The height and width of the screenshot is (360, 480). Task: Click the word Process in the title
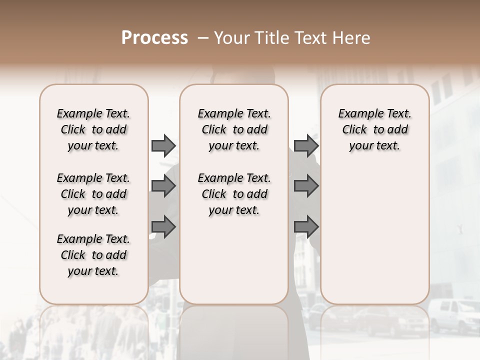pyautogui.click(x=154, y=38)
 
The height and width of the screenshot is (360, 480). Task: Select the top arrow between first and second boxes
pyautogui.click(x=163, y=145)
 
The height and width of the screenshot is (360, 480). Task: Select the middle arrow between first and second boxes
pyautogui.click(x=163, y=186)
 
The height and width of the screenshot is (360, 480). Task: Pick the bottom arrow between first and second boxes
pyautogui.click(x=163, y=227)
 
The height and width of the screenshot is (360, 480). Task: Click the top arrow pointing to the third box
pyautogui.click(x=306, y=145)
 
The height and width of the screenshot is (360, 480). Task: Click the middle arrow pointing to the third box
pyautogui.click(x=306, y=186)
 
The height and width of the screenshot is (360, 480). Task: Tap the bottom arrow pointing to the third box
pyautogui.click(x=306, y=227)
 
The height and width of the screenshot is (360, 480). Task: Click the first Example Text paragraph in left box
pyautogui.click(x=93, y=129)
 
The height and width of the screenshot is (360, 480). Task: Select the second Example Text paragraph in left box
pyautogui.click(x=93, y=194)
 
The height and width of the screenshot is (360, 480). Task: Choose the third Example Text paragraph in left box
pyautogui.click(x=93, y=255)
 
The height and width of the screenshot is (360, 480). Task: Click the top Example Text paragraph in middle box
pyautogui.click(x=234, y=129)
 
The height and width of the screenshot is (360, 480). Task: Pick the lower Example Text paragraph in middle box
pyautogui.click(x=234, y=194)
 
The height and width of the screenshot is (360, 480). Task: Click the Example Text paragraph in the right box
pyautogui.click(x=375, y=129)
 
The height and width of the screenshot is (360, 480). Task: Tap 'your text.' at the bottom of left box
pyautogui.click(x=93, y=271)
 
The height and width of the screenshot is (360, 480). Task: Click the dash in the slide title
pyautogui.click(x=203, y=38)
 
